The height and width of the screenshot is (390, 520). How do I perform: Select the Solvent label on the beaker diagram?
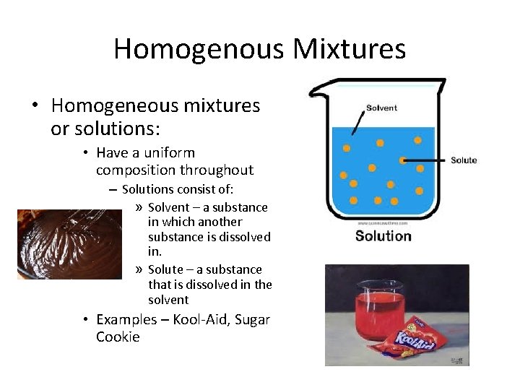pyautogui.click(x=381, y=108)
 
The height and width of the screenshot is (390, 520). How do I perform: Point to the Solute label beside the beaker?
pyautogui.click(x=464, y=160)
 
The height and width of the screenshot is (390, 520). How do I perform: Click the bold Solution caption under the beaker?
pyautogui.click(x=383, y=236)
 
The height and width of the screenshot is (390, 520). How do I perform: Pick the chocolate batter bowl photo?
pyautogui.click(x=69, y=244)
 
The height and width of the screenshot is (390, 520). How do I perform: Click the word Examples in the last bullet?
pyautogui.click(x=126, y=319)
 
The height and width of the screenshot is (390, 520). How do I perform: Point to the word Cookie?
pyautogui.click(x=118, y=337)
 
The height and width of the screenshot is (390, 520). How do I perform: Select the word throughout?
pyautogui.click(x=219, y=170)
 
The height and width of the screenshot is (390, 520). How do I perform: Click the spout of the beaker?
pyautogui.click(x=316, y=91)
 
